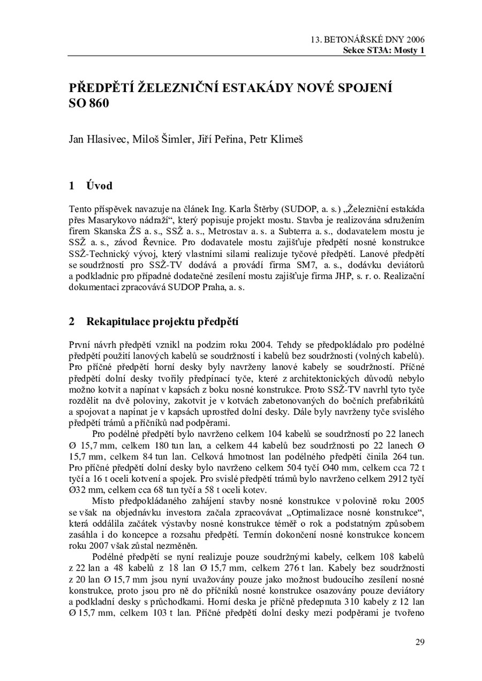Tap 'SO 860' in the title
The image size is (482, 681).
pyautogui.click(x=89, y=103)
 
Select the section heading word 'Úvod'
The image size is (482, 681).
pyautogui.click(x=99, y=186)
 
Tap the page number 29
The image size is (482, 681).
pyautogui.click(x=420, y=642)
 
